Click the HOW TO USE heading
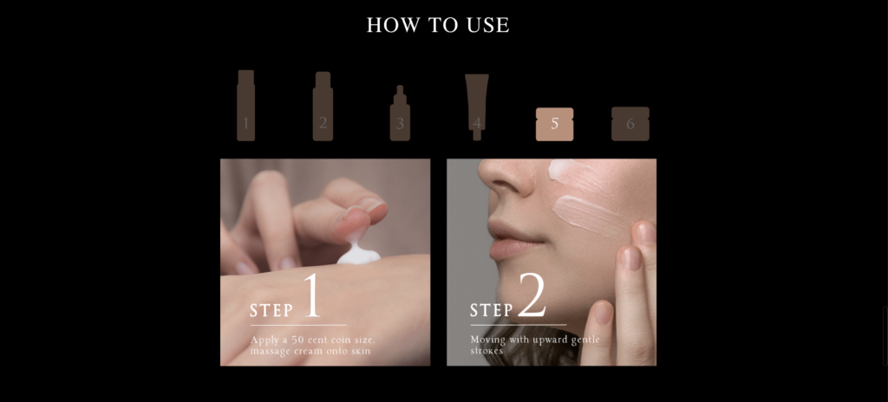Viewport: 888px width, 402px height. (438, 25)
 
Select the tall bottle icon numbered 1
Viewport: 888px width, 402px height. (246, 106)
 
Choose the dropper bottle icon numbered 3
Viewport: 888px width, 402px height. (400, 115)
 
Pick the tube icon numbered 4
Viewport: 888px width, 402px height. (476, 104)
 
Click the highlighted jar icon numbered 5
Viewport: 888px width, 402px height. (555, 124)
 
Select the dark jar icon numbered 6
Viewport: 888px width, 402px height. (630, 124)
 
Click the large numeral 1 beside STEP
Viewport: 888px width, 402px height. (311, 296)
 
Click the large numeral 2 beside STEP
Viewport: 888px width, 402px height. (532, 296)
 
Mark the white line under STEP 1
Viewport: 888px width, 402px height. (297, 325)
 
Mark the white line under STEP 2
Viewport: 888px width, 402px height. (518, 325)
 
